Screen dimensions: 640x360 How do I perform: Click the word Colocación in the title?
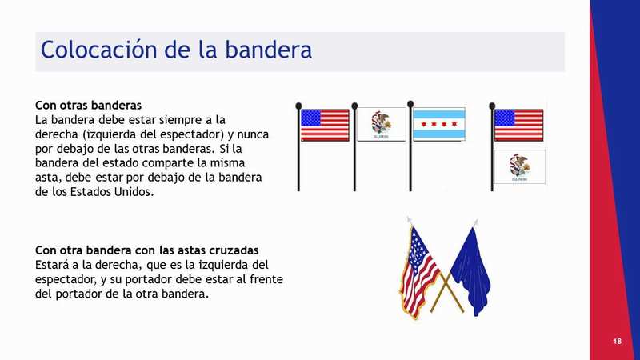point(98,50)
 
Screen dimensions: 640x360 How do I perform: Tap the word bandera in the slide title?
point(268,49)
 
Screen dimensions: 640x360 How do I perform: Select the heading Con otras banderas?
point(88,106)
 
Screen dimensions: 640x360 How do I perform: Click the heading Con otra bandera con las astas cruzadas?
point(146,250)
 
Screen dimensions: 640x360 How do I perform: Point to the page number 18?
point(617,341)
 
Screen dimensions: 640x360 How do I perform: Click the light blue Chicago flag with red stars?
point(439,124)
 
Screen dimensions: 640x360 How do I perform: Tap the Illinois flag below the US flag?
point(519,166)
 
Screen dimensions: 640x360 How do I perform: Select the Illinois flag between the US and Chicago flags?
point(382,124)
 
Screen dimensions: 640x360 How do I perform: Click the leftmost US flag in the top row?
point(325,125)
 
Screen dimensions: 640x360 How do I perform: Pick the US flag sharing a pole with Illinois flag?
point(518,125)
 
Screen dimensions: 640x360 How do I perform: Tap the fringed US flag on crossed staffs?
point(419,273)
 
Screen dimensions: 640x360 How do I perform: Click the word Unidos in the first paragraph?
point(132,192)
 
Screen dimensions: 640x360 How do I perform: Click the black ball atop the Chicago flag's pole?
point(410,104)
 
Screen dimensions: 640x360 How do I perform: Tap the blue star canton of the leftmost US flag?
point(311,118)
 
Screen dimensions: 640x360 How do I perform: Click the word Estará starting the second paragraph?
point(52,265)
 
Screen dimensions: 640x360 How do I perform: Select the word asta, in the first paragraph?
point(48,178)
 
